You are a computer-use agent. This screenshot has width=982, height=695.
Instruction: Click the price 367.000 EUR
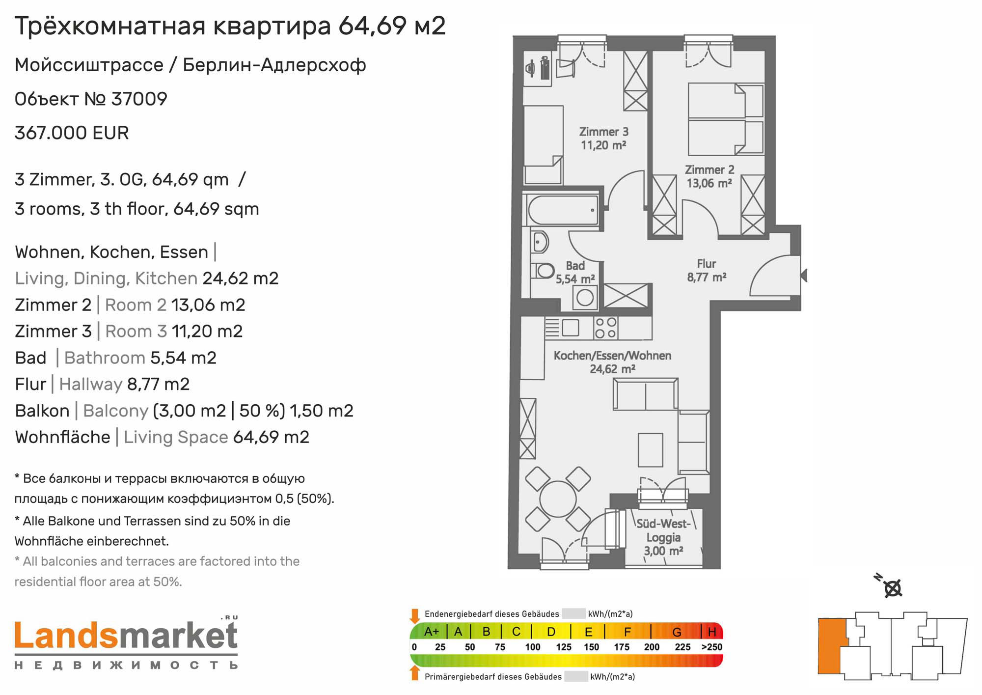tap(72, 133)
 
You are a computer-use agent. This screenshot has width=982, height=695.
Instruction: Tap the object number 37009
tap(139, 99)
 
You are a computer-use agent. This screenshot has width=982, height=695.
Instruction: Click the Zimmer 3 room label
tap(603, 139)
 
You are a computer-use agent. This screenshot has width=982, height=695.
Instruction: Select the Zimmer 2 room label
tap(709, 176)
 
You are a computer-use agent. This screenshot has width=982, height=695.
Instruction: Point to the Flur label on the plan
tap(707, 270)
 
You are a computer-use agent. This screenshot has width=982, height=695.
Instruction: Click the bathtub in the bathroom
tap(563, 210)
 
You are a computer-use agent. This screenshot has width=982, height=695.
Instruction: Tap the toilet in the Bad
tap(543, 270)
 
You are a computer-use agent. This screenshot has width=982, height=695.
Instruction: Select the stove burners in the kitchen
tap(605, 328)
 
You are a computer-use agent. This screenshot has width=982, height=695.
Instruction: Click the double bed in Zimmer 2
tap(726, 119)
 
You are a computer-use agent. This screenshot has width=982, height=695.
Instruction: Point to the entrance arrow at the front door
tap(804, 276)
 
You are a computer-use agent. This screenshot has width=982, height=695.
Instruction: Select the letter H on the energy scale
tap(712, 632)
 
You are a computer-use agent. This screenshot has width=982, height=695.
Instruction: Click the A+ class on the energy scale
tap(431, 632)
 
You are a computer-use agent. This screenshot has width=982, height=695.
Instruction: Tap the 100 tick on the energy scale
tap(533, 647)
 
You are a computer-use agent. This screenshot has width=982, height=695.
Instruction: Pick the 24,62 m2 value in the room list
tap(241, 278)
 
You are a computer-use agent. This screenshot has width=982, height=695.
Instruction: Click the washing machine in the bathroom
tap(585, 297)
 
